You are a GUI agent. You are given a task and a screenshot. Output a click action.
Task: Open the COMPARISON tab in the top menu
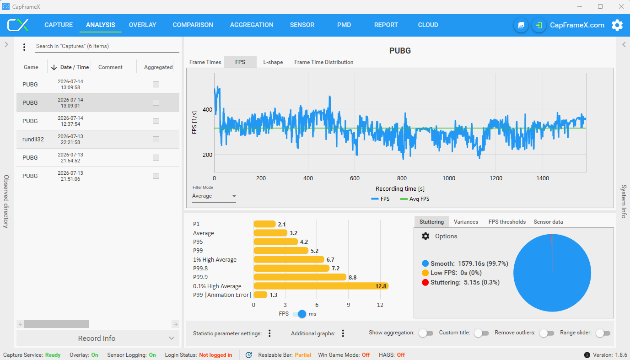pyautogui.click(x=193, y=25)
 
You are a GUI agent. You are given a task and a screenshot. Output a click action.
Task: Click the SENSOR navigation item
pyautogui.click(x=302, y=25)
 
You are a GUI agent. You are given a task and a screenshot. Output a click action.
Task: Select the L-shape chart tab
pyautogui.click(x=273, y=62)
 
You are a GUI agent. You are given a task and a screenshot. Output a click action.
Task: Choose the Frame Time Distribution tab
pyautogui.click(x=324, y=62)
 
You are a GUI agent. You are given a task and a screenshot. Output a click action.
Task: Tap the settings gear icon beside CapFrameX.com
pyautogui.click(x=617, y=25)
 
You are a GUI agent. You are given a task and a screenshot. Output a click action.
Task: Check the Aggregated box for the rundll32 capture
pyautogui.click(x=156, y=139)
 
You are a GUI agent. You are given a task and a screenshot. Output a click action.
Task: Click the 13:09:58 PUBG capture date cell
pyautogui.click(x=70, y=84)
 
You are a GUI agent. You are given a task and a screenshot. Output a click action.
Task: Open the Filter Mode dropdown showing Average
pyautogui.click(x=214, y=196)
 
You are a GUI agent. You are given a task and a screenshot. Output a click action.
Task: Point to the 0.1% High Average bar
pyautogui.click(x=321, y=286)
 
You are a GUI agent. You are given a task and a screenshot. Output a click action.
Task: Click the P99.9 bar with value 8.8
pyautogui.click(x=300, y=277)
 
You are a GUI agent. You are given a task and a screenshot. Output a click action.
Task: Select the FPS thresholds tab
pyautogui.click(x=507, y=221)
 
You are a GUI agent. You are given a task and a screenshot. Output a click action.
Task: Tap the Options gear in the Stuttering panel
pyautogui.click(x=425, y=236)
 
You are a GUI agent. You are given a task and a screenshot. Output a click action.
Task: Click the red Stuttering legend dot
pyautogui.click(x=425, y=282)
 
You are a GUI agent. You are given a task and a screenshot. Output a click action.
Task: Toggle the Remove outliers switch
pyautogui.click(x=546, y=333)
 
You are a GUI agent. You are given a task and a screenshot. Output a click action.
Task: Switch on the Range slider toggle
pyautogui.click(x=603, y=333)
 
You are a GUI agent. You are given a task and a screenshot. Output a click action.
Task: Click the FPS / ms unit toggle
pyautogui.click(x=299, y=314)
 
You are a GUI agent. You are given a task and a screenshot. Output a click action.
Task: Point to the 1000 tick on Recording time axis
pyautogui.click(x=449, y=178)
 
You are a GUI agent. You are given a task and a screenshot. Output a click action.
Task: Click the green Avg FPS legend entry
pyautogui.click(x=415, y=199)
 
